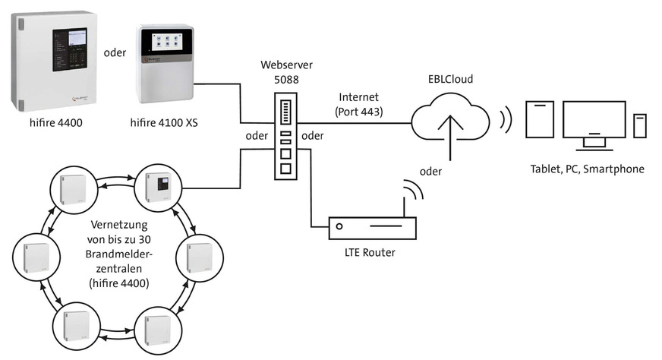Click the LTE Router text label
click(x=372, y=252)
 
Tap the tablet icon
click(x=541, y=119)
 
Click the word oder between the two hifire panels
click(x=114, y=52)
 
